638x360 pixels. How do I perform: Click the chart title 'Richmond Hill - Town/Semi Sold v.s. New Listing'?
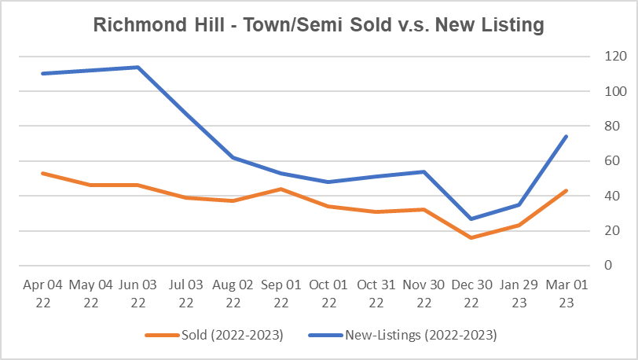[x=318, y=25]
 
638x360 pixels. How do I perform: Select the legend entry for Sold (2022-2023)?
[x=214, y=336]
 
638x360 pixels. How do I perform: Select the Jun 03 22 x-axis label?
[x=137, y=294]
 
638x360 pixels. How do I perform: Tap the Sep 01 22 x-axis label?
[x=280, y=294]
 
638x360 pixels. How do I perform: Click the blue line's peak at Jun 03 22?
[x=137, y=68]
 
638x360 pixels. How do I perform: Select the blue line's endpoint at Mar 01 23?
[x=566, y=137]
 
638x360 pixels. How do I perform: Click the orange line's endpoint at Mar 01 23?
[x=566, y=190]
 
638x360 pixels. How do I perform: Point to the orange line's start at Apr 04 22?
[x=42, y=173]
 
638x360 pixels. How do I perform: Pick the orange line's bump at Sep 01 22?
[x=280, y=189]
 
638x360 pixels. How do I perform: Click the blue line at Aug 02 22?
[x=233, y=157]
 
